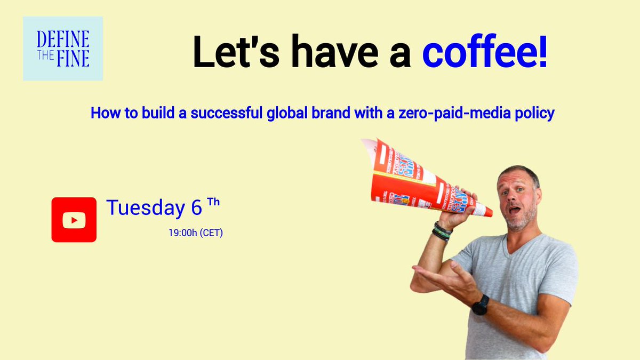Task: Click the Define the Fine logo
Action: click(x=63, y=49)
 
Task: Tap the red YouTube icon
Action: click(x=74, y=220)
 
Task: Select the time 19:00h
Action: click(x=182, y=233)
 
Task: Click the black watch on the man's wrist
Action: click(x=479, y=305)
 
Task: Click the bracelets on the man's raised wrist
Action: click(x=442, y=231)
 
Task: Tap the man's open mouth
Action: click(x=515, y=210)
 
